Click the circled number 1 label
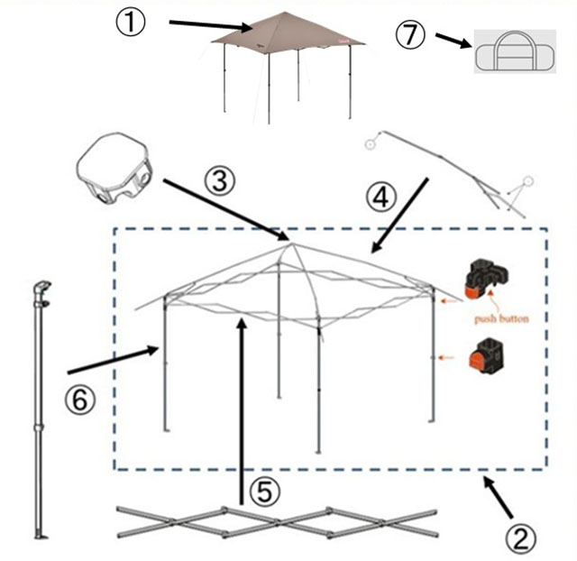coord(131,22)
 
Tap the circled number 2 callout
coord(521,539)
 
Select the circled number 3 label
coord(220,181)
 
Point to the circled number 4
coord(380,198)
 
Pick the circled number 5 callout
coord(264,491)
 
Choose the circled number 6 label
coord(80,400)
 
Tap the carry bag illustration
coord(515,51)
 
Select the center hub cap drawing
coord(114,168)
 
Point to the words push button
coord(501,318)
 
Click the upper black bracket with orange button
coord(486,280)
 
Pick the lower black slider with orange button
coord(486,354)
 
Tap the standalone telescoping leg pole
coord(41,410)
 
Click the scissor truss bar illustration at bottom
coord(278,522)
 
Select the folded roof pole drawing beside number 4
coord(449,174)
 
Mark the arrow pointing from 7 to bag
coord(453,41)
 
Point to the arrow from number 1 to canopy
coord(210,25)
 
